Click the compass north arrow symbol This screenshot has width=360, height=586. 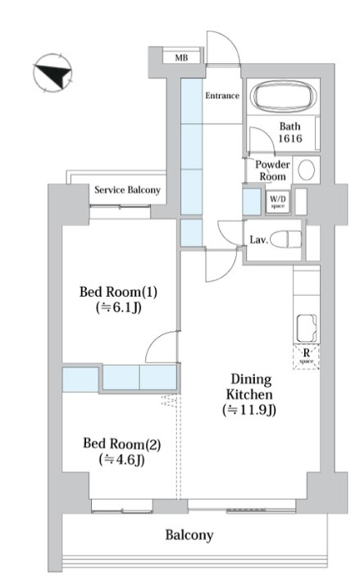point(52,72)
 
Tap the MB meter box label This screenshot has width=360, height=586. point(181,58)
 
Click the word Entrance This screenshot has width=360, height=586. point(222,96)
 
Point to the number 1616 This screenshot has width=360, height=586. point(290,139)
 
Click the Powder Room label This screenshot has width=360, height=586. point(272,170)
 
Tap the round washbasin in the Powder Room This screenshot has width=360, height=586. point(306,170)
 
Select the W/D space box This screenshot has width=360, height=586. point(277,202)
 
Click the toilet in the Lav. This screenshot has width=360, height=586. point(286,239)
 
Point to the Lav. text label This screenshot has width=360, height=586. point(258,239)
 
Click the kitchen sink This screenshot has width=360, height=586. point(307,329)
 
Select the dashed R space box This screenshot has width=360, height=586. point(306,357)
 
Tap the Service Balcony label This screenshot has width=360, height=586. point(127,190)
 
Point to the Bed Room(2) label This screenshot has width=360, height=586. point(122,444)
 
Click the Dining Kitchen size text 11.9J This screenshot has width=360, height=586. point(249,411)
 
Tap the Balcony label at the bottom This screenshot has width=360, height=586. point(189,535)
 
